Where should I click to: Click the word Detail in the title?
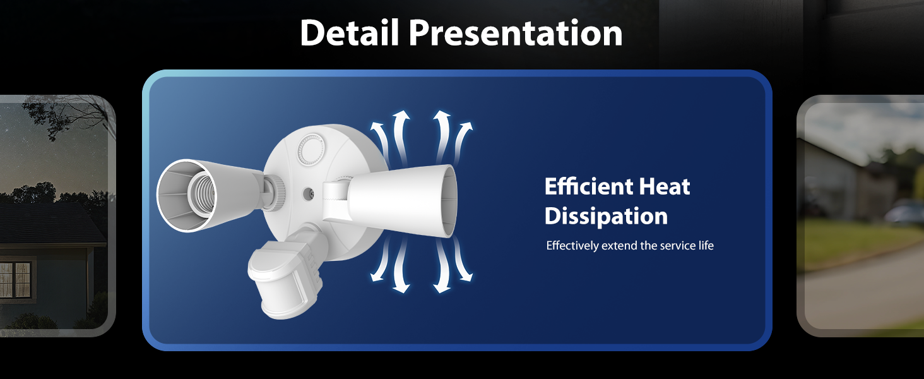coord(350,33)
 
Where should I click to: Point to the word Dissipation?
coord(606,216)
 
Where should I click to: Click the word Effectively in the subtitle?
coord(572,246)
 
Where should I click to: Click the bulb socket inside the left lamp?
coord(202,195)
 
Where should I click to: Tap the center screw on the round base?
coord(308,193)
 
